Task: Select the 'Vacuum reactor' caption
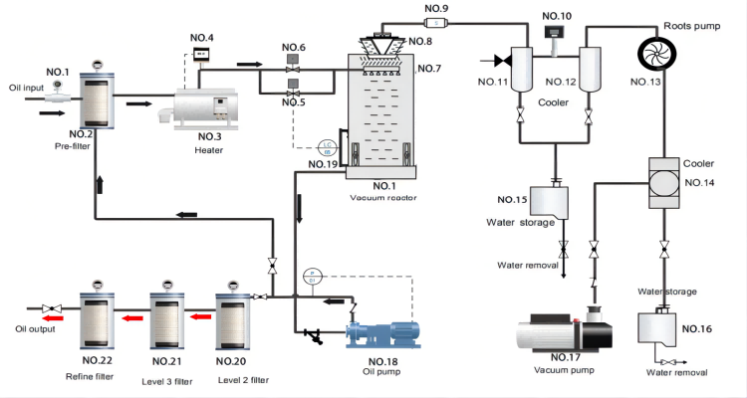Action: pos(382,198)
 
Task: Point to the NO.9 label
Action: pos(436,8)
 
